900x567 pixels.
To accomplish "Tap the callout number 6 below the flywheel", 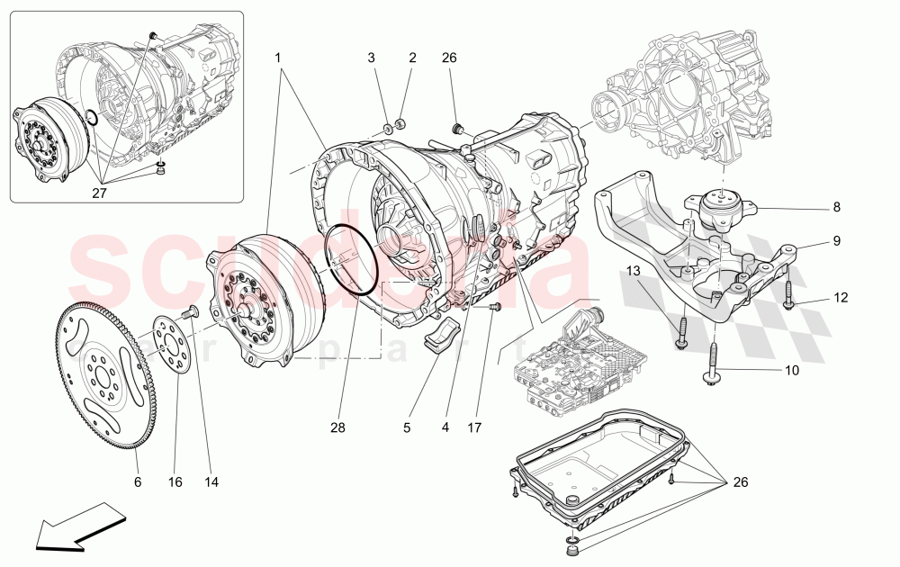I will pyautogui.click(x=138, y=482).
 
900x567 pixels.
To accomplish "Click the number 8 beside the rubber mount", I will pyautogui.click(x=836, y=208).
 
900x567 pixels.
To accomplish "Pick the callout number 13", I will pyautogui.click(x=633, y=271).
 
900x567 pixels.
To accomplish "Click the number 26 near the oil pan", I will pyautogui.click(x=741, y=482).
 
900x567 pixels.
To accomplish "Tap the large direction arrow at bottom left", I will pyautogui.click(x=79, y=526).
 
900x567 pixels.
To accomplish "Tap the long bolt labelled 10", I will pyautogui.click(x=713, y=364).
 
